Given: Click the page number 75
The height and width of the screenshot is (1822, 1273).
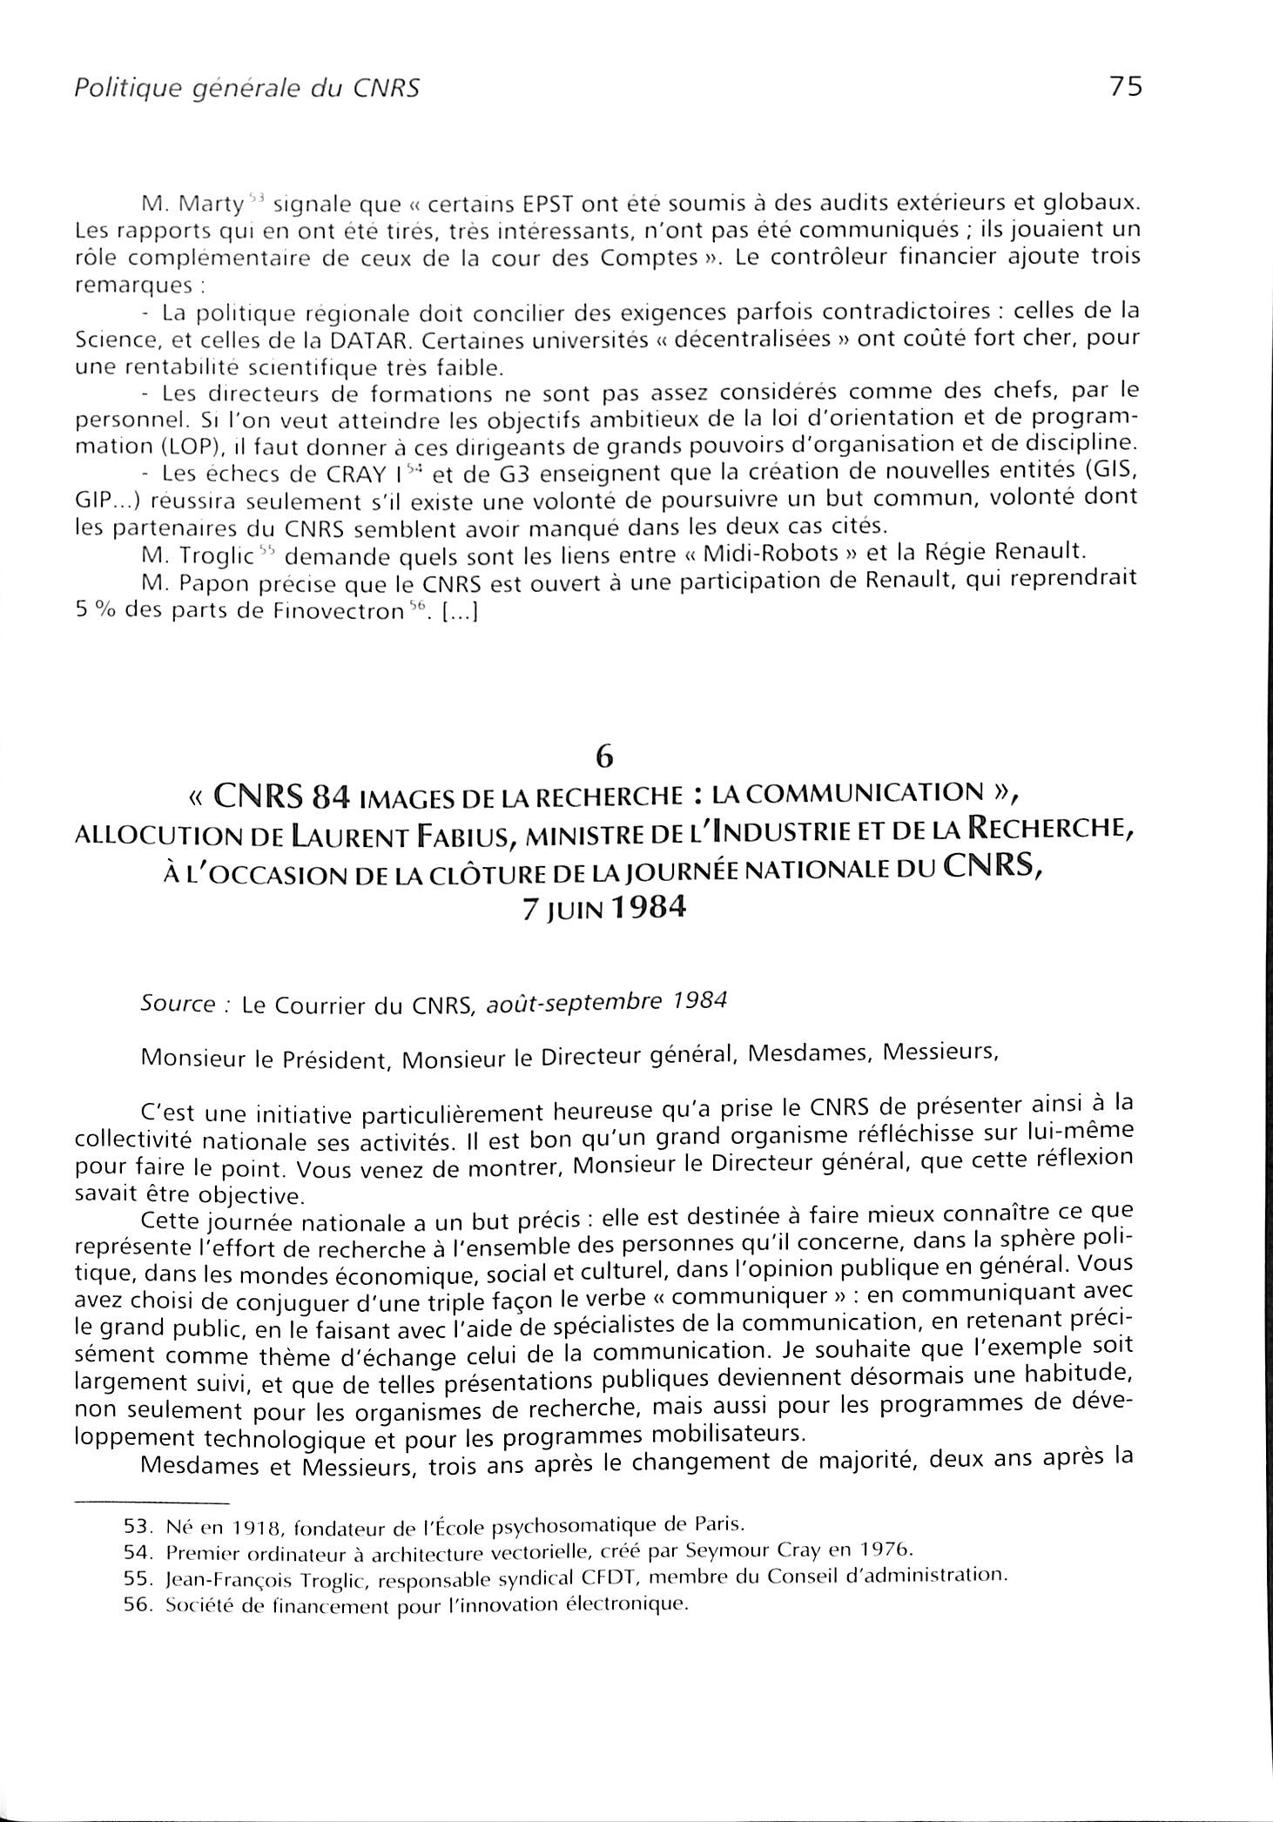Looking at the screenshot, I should pos(1124,87).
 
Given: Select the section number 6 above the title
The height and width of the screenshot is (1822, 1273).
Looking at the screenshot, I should pos(604,757).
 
